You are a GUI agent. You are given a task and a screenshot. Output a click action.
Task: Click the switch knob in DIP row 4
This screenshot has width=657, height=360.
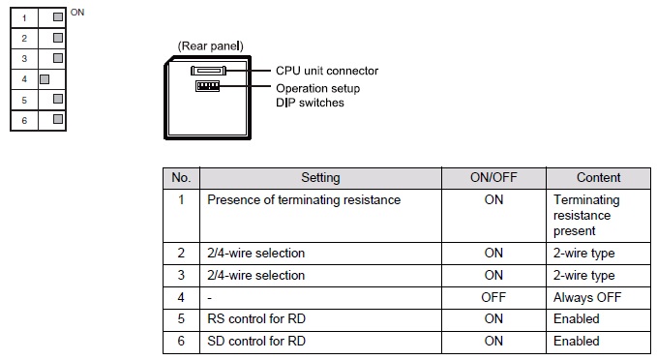(45, 76)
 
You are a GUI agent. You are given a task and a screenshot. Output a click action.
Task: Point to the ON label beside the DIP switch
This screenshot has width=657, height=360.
(78, 12)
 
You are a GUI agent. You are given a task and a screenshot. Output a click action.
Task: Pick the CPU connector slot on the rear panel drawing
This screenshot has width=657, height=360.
(209, 71)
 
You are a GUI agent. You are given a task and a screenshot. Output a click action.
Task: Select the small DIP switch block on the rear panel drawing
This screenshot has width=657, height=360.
(207, 86)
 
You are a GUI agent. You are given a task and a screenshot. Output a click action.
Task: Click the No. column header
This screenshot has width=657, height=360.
(180, 178)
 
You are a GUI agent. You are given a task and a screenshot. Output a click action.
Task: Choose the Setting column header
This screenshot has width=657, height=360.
(319, 178)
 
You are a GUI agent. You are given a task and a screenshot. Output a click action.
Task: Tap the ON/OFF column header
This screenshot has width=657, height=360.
(493, 178)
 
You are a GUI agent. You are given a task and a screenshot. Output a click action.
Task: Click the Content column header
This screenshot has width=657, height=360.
(598, 178)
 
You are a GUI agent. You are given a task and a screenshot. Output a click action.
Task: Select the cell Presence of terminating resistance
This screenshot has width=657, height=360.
(303, 200)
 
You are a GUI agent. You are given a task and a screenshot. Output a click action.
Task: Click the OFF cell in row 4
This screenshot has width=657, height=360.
(493, 297)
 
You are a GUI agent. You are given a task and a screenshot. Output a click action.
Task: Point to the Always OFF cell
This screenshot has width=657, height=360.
(586, 297)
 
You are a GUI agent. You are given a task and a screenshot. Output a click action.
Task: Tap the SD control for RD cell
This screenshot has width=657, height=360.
(258, 341)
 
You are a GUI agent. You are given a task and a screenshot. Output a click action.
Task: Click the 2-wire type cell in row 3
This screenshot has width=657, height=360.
(583, 275)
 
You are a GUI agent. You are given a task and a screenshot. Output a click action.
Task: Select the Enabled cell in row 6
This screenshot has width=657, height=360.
(576, 341)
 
